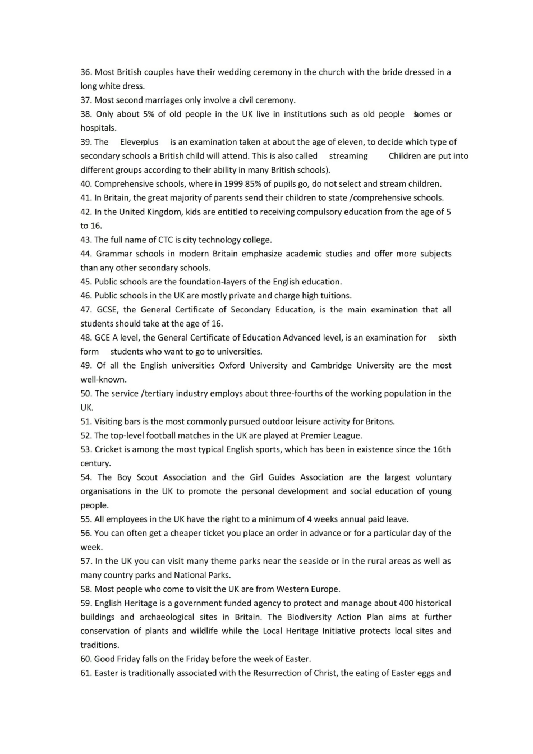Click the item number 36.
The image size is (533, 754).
click(86, 72)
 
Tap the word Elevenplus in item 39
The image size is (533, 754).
click(139, 142)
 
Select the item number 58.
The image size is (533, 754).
click(86, 589)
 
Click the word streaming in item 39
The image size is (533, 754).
click(348, 156)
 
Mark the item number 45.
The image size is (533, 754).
click(86, 282)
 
